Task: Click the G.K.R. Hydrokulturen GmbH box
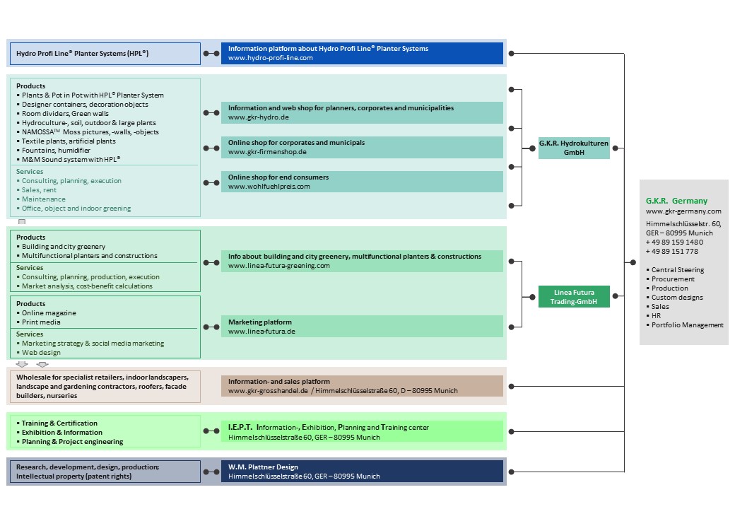point(574,148)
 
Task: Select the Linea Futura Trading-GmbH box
point(574,297)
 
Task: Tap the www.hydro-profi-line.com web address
point(271,58)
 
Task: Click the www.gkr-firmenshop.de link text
point(267,152)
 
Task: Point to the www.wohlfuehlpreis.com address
point(269,187)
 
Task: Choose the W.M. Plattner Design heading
point(263,467)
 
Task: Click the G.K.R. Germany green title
point(676,201)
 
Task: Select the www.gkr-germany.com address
point(683,211)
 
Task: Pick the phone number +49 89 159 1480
point(674,242)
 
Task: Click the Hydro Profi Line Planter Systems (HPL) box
point(105,54)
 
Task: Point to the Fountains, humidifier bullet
point(56,151)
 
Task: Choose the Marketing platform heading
point(259,322)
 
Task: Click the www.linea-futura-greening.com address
point(279,266)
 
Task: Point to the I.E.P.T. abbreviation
point(240,427)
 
